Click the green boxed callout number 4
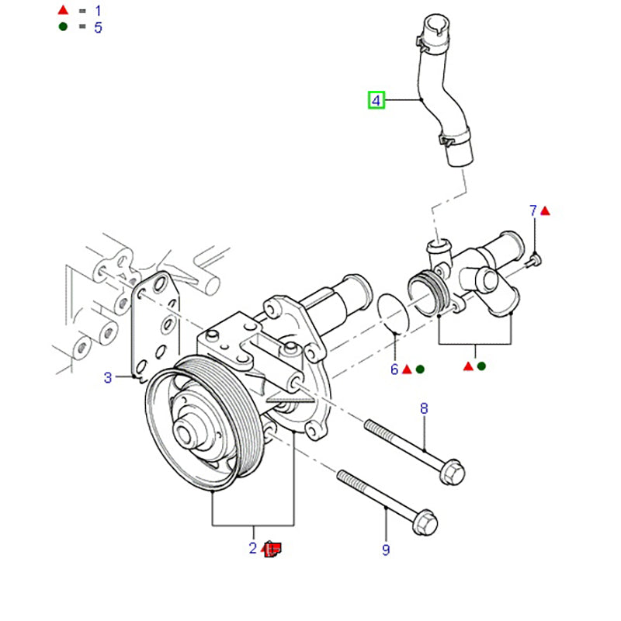point(376,100)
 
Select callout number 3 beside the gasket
point(109,378)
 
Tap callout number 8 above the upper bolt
point(423,408)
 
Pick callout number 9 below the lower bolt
point(385,550)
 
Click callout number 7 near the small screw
point(533,210)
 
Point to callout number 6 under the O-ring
point(394,370)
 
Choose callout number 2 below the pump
point(252,549)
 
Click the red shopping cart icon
point(272,550)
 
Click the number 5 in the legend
point(98,28)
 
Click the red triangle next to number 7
point(546,210)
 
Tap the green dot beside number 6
point(420,370)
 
